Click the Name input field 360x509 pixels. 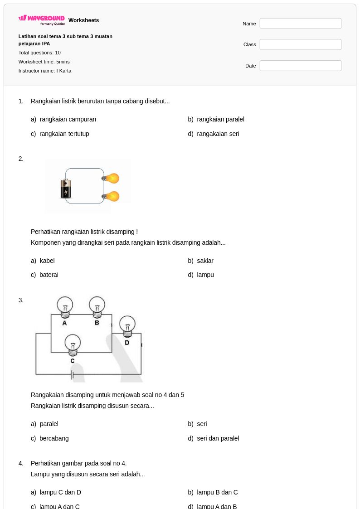coord(300,24)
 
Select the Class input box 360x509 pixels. coord(300,44)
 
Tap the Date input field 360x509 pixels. coord(300,66)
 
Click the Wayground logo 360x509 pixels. coord(42,20)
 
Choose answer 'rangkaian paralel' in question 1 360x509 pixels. coord(220,119)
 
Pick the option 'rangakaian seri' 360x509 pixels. coord(218,133)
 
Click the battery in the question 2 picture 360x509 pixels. coord(66,189)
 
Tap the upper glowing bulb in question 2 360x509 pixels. coord(111,178)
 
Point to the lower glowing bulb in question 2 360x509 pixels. coord(111,196)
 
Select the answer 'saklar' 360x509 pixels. coord(205,260)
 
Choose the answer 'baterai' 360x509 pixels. coord(49,275)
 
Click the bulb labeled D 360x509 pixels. coord(127,326)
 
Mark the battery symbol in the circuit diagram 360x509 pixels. coord(72,375)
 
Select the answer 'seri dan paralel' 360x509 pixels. coord(218,438)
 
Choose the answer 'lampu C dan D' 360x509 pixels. coord(60,492)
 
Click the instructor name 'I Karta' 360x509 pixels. coord(64,71)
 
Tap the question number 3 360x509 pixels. coord(21,300)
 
